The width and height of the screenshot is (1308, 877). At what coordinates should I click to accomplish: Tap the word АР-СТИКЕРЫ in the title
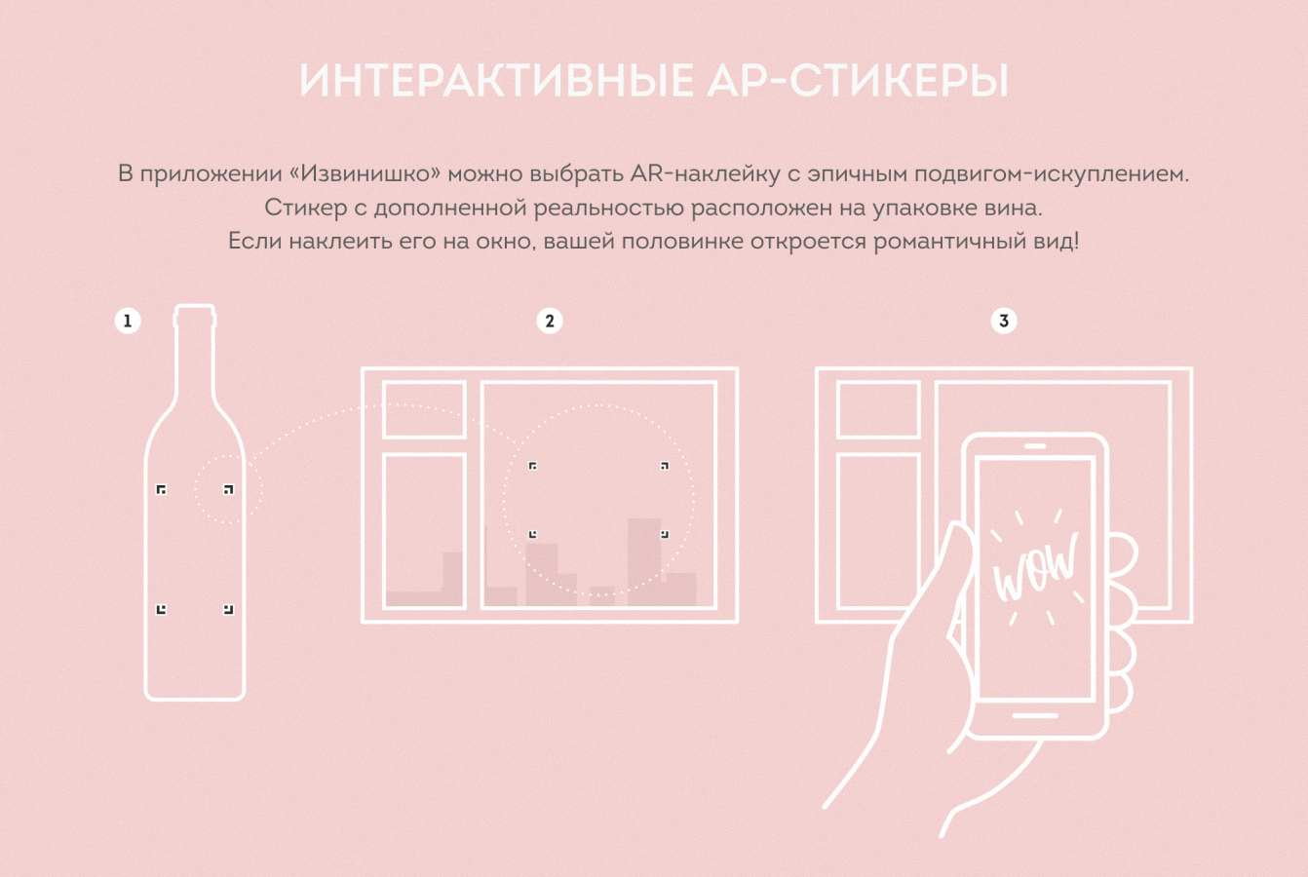pos(858,80)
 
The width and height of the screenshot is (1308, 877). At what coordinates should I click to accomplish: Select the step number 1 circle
pos(128,321)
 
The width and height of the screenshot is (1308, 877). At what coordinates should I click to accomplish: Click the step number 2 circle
pos(550,321)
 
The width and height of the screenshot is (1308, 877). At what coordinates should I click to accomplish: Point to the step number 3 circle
pos(1004,321)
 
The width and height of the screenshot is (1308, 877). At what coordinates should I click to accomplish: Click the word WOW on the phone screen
pos(1035,567)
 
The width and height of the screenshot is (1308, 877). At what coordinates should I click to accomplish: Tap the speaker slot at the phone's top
pos(1035,446)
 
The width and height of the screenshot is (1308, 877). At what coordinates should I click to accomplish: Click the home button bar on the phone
pos(1035,715)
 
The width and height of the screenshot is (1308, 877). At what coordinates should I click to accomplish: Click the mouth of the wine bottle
pos(195,308)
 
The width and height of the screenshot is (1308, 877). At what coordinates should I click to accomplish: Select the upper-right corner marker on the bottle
pos(228,489)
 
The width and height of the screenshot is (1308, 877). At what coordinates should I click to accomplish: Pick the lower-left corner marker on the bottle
pos(161,609)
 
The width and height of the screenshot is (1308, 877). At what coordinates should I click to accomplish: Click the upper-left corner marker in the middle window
pos(532,466)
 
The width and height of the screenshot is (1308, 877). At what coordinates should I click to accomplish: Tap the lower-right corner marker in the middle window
pos(665,534)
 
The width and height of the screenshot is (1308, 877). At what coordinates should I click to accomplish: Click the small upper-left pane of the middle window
pos(424,410)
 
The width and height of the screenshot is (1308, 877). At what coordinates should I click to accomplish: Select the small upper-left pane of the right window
pos(878,410)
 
